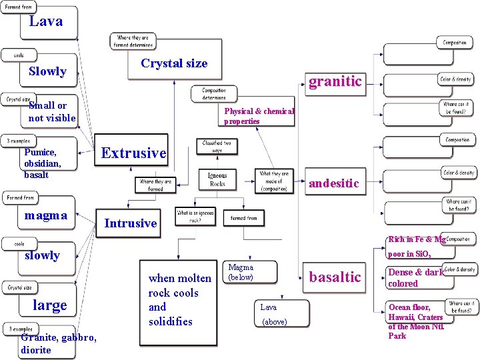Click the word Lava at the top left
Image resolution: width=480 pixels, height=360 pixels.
click(x=46, y=21)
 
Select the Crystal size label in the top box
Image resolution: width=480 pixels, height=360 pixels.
click(x=174, y=64)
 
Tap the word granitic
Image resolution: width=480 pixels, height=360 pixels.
click(x=335, y=81)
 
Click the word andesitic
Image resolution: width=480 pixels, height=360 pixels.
click(x=333, y=183)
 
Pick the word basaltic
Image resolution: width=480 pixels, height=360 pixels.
click(x=335, y=277)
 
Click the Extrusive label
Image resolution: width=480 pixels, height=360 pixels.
click(x=133, y=153)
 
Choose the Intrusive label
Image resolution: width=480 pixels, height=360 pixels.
click(x=131, y=223)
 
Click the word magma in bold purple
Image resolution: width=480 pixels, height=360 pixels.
click(x=45, y=215)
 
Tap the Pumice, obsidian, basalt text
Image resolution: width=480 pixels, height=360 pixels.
click(x=43, y=163)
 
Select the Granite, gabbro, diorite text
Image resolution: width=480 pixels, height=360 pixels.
click(x=58, y=344)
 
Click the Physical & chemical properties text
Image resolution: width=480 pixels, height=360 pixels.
click(x=259, y=116)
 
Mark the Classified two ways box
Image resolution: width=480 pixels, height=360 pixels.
click(x=217, y=147)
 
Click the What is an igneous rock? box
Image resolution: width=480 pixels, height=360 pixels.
click(x=195, y=217)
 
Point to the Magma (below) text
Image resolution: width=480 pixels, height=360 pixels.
click(x=241, y=272)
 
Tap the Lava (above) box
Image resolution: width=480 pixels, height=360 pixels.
click(x=273, y=314)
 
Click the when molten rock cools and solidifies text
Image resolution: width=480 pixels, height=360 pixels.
click(x=179, y=300)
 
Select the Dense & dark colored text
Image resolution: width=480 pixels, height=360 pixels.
click(x=415, y=277)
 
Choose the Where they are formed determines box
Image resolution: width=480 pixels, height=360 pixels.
click(x=133, y=41)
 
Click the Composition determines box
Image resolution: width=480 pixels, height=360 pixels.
click(x=213, y=94)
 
